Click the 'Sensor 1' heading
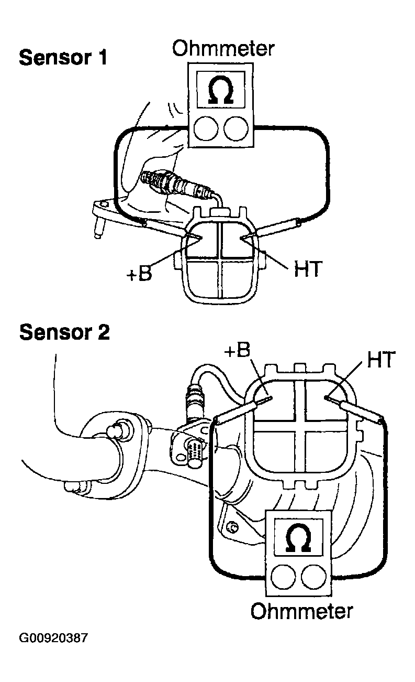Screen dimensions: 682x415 63,58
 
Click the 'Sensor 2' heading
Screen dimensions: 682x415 64,332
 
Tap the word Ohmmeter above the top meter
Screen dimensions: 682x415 223,49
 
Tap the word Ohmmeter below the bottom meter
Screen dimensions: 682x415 301,611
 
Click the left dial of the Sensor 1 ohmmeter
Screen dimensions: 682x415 205,128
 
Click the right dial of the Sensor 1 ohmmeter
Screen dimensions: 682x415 236,128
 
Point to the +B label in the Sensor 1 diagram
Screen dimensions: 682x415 139,273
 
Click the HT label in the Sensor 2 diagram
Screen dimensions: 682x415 381,360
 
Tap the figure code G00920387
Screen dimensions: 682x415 54,638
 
